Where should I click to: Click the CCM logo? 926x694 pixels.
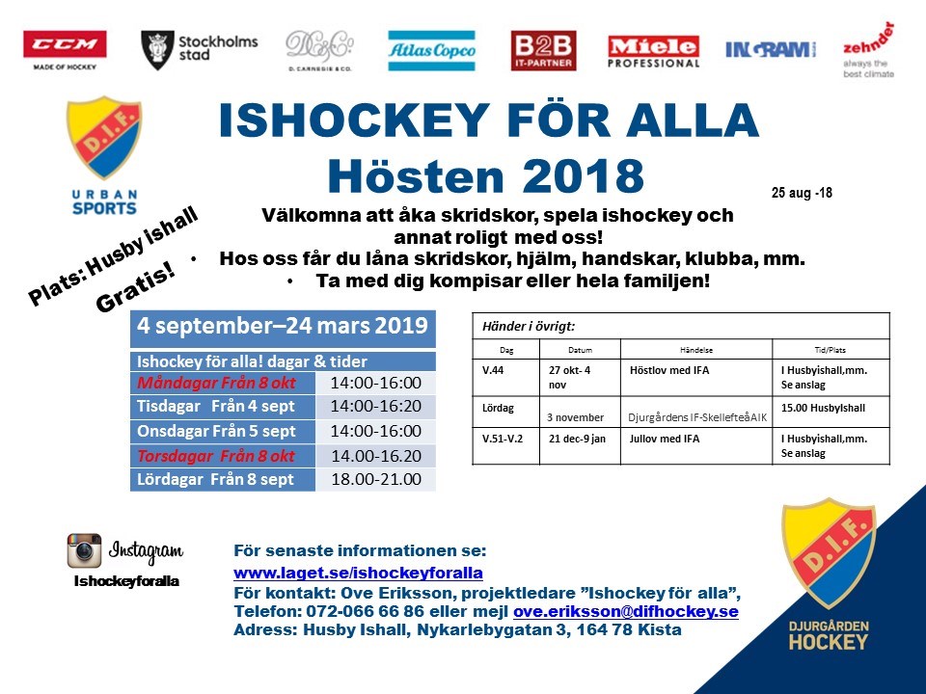(x=65, y=45)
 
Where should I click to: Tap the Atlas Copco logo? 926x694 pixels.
(x=431, y=49)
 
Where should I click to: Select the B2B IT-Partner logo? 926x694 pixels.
(x=543, y=50)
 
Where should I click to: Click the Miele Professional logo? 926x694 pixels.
(x=653, y=50)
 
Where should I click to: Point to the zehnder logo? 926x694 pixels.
(x=867, y=49)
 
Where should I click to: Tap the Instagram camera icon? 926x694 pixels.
(x=84, y=550)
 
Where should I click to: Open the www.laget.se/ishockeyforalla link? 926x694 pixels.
(x=358, y=573)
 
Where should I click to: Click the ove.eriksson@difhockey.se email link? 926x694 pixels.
(x=626, y=612)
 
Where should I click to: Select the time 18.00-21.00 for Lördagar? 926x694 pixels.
(x=375, y=478)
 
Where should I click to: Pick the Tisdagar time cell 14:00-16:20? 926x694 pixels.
(x=375, y=406)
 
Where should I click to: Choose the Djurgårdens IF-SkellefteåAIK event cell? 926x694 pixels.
(x=697, y=417)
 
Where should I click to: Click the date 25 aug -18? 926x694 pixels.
(x=802, y=193)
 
